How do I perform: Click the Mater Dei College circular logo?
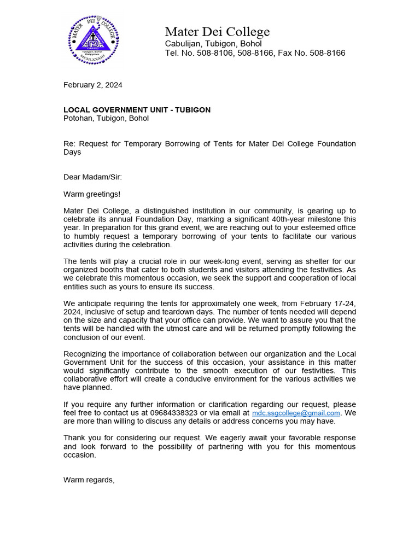click(93, 39)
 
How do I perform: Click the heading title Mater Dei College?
click(217, 32)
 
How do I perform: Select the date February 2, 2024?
click(93, 85)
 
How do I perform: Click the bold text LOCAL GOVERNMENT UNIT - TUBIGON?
click(137, 110)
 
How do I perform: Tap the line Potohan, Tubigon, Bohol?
click(106, 118)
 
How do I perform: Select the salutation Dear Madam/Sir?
click(93, 177)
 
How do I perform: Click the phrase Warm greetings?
click(92, 194)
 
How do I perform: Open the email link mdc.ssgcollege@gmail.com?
click(296, 413)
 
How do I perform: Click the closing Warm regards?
click(89, 480)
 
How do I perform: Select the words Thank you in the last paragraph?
click(81, 438)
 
